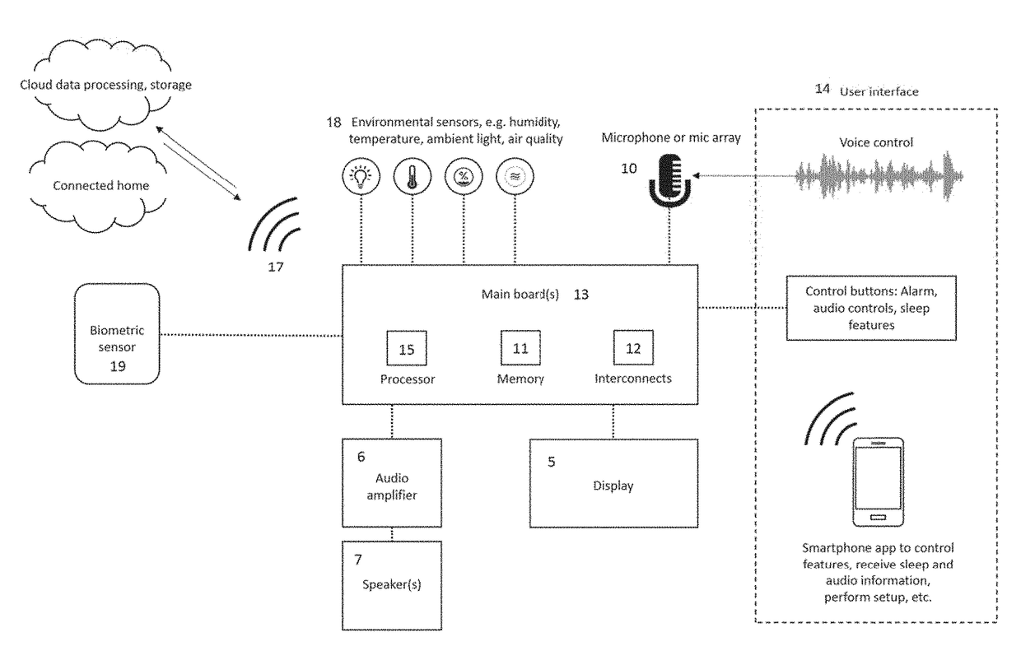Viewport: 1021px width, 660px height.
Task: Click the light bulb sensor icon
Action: pos(361,176)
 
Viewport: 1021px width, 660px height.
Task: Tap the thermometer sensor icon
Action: pos(413,176)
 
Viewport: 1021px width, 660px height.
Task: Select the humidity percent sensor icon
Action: pos(464,176)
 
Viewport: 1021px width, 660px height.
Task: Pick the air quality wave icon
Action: pos(515,176)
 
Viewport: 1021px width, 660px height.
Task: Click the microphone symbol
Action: pos(669,180)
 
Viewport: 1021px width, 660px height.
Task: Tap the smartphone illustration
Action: pos(879,482)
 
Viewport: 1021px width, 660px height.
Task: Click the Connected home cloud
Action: pos(98,187)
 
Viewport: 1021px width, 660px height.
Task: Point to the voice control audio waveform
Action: pos(879,176)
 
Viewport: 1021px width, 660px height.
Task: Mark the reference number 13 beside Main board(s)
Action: pos(581,295)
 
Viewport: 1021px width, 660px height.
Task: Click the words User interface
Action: pos(879,92)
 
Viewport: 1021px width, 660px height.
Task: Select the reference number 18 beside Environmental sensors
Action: pos(333,122)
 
